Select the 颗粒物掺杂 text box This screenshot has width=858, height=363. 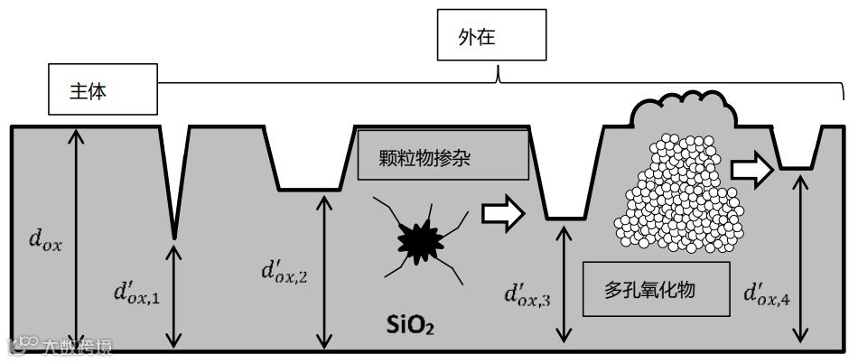coord(443,154)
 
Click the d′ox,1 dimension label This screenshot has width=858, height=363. coord(137,291)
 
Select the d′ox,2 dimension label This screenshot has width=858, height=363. coord(284,270)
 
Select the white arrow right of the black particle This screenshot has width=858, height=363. coord(503,212)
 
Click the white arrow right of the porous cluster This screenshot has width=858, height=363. coord(751,169)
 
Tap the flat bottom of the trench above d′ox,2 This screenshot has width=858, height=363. coord(310,189)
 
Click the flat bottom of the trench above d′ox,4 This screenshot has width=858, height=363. coord(797,168)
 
